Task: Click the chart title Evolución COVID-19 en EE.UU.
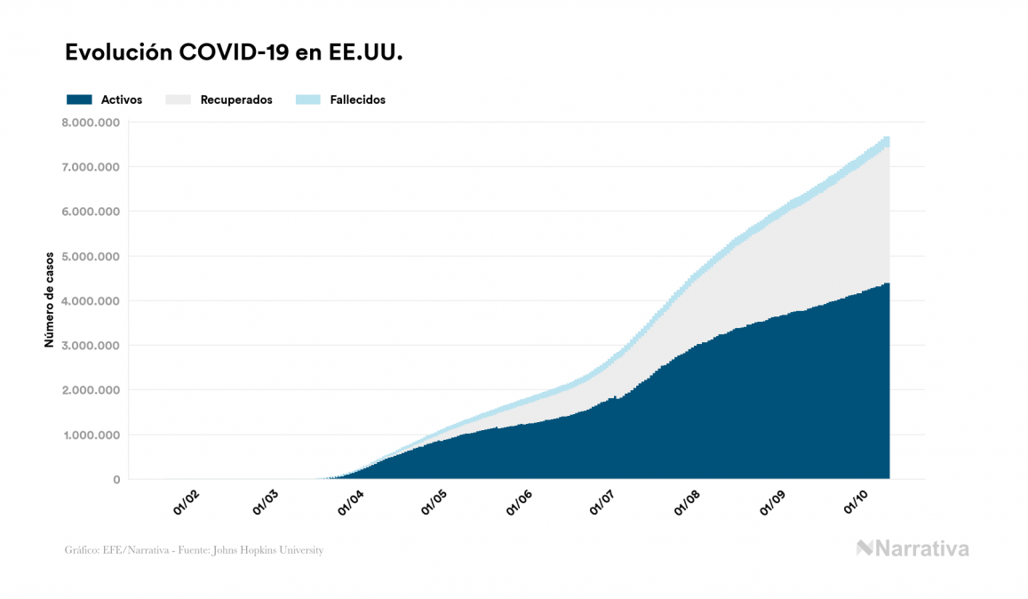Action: pyautogui.click(x=235, y=52)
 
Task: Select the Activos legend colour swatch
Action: pyautogui.click(x=79, y=100)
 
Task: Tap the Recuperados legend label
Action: pyautogui.click(x=236, y=100)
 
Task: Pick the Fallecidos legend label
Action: pyautogui.click(x=357, y=100)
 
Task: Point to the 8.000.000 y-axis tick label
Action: pyautogui.click(x=92, y=122)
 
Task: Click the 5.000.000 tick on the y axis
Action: pyautogui.click(x=92, y=256)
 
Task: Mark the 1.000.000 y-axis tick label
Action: pyautogui.click(x=92, y=435)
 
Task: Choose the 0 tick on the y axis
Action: pyautogui.click(x=116, y=480)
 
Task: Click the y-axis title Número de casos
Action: pyautogui.click(x=50, y=300)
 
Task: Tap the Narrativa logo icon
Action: pyautogui.click(x=865, y=548)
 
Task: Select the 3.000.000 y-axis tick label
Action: pyautogui.click(x=92, y=345)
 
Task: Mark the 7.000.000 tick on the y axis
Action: pyautogui.click(x=92, y=166)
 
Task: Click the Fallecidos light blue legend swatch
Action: pyautogui.click(x=308, y=100)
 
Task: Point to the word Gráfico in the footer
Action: pyautogui.click(x=80, y=551)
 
